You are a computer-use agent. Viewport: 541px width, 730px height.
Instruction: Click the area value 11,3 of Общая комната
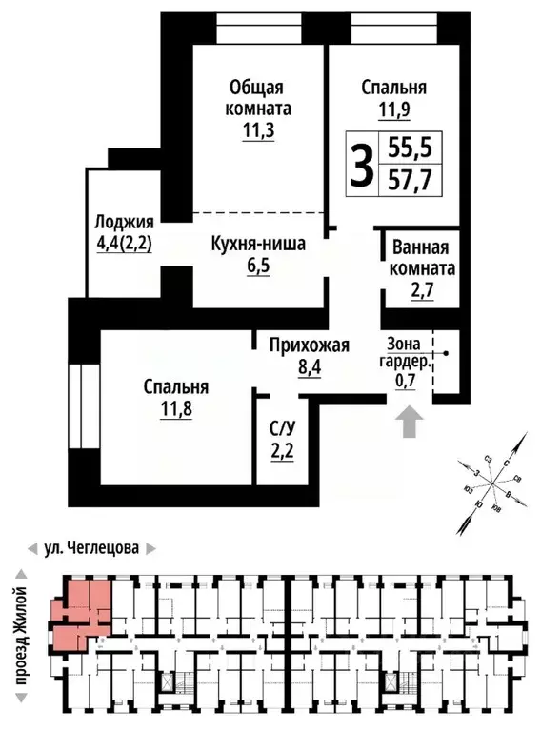[x=257, y=131]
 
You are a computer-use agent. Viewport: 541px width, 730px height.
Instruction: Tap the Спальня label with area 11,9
[x=393, y=89]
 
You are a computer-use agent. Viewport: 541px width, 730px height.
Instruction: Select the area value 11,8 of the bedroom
[x=176, y=410]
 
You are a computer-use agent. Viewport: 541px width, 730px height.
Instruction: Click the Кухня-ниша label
[x=258, y=244]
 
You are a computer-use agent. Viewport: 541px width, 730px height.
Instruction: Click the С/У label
[x=281, y=426]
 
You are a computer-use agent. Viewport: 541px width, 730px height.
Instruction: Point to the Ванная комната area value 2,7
[x=422, y=291]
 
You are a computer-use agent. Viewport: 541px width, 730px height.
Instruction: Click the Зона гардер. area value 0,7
[x=407, y=383]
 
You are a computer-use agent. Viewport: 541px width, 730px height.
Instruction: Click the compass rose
[x=491, y=481]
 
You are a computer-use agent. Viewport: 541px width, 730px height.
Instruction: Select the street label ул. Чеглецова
[x=92, y=549]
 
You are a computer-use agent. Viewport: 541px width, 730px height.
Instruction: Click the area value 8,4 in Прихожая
[x=310, y=366]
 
